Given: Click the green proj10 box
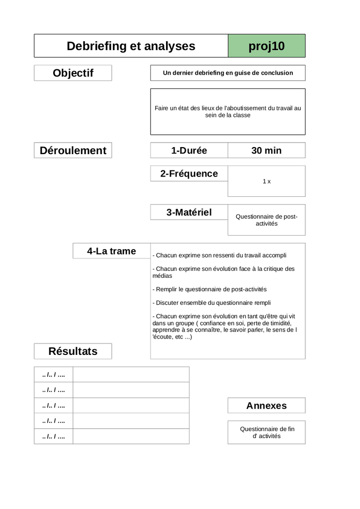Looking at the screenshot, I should (x=267, y=46).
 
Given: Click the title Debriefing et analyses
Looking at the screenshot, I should (x=131, y=46).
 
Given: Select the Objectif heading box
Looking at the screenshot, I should (x=73, y=73).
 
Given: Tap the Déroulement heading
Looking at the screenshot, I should (x=73, y=151).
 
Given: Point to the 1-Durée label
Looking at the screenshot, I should (x=189, y=151).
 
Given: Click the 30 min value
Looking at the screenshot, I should (x=267, y=151).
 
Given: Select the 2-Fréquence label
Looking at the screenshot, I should (x=189, y=173).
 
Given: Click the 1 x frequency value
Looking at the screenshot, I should (x=267, y=181).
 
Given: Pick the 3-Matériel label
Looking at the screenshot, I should (x=189, y=212).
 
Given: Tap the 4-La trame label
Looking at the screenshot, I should (x=111, y=251).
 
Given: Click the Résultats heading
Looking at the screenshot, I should (x=73, y=351).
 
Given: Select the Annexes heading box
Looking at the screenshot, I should (x=267, y=406).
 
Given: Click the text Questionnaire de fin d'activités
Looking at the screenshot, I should (x=267, y=432).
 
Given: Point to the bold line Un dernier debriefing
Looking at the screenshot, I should (x=228, y=73).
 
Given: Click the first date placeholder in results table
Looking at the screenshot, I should (x=54, y=375).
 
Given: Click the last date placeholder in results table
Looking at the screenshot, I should (x=54, y=436).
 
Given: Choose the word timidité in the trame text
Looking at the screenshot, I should (x=279, y=323).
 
